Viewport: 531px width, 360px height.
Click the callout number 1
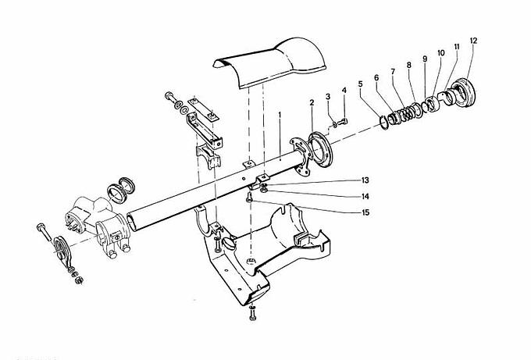coord(280,115)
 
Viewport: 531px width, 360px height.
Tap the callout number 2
coord(312,102)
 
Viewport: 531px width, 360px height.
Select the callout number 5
coord(360,84)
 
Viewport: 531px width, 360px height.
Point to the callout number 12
coord(473,41)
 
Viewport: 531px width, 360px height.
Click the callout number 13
coord(365,180)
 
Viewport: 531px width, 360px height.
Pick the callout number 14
coord(365,197)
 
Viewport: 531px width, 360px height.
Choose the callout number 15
coord(365,212)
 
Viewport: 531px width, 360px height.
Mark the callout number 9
coord(425,59)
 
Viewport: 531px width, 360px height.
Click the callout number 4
coord(344,90)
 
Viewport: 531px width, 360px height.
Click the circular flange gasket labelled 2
coord(321,150)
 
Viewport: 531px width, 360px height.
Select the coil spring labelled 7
coord(406,113)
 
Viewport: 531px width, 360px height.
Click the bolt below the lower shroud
coord(252,312)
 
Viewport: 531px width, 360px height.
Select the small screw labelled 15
coord(250,197)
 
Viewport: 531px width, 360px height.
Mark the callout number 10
coord(440,53)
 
